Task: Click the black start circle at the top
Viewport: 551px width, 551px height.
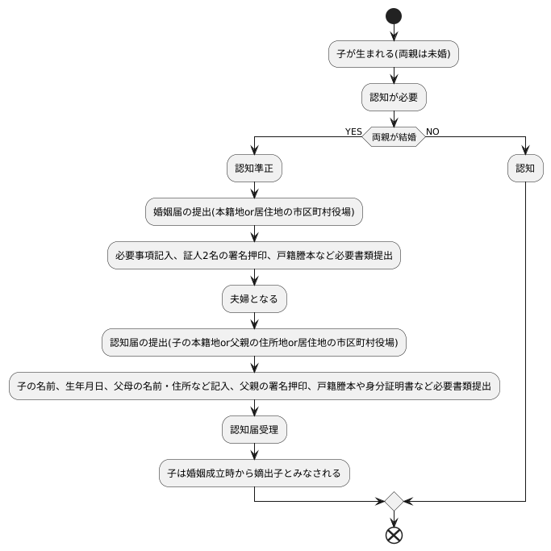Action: click(394, 15)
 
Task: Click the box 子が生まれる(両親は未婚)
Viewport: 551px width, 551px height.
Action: click(394, 55)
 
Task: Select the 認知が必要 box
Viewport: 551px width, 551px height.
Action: click(394, 98)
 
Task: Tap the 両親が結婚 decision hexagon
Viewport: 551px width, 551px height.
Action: click(394, 136)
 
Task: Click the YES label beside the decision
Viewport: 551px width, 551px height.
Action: click(353, 131)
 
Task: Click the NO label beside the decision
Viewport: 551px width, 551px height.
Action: click(432, 131)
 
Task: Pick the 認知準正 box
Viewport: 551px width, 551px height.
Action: click(254, 169)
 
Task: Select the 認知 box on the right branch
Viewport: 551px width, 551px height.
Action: click(525, 169)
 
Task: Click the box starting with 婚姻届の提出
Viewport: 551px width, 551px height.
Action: click(254, 212)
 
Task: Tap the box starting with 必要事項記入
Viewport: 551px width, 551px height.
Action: click(254, 256)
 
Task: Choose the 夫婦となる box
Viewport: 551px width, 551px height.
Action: click(254, 299)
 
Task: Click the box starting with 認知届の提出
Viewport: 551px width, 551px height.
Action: click(254, 343)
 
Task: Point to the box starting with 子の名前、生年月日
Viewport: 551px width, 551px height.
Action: click(254, 386)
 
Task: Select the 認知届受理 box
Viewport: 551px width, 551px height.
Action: click(254, 430)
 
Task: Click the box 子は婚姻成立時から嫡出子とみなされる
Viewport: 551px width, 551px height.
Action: click(254, 474)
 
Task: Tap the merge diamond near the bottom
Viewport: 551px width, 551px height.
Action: click(394, 501)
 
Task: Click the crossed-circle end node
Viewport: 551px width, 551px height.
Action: click(394, 534)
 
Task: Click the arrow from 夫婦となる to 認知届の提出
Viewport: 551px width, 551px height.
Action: click(254, 320)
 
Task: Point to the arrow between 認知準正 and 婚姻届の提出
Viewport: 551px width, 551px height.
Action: click(254, 190)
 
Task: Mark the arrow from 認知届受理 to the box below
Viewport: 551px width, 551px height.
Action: click(254, 452)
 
